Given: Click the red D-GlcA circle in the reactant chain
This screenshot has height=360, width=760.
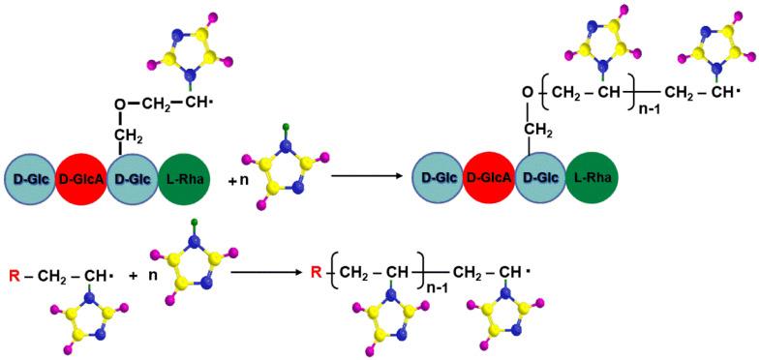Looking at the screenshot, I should [81, 181].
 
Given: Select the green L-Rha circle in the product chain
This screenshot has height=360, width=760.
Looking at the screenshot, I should [593, 180].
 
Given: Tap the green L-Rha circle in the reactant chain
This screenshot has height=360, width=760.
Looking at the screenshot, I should [184, 181].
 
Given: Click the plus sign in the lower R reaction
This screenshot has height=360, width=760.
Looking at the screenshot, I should [131, 275].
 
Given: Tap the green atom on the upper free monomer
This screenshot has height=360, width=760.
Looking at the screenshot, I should [286, 126].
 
